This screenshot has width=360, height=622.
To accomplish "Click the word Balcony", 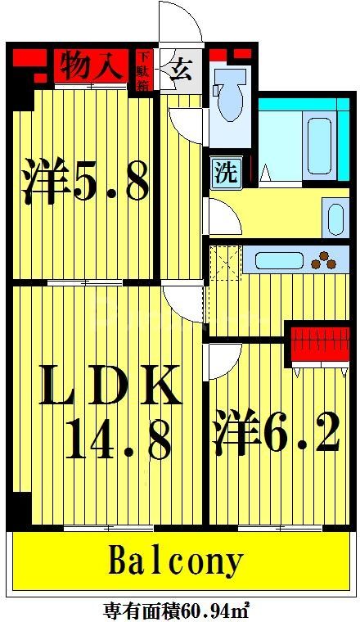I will tap(176, 562).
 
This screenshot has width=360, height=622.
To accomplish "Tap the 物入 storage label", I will tap(91, 66).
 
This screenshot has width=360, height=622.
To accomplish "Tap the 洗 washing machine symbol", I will tap(224, 174).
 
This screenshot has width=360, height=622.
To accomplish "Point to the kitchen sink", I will tap(279, 260).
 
